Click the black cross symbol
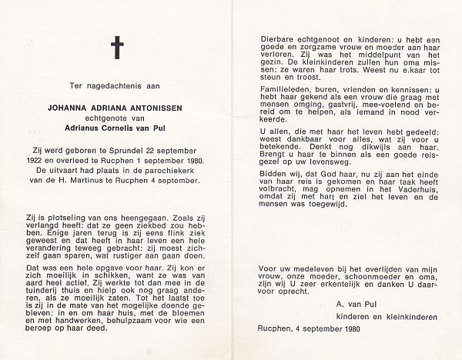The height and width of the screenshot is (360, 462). coord(117,48)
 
